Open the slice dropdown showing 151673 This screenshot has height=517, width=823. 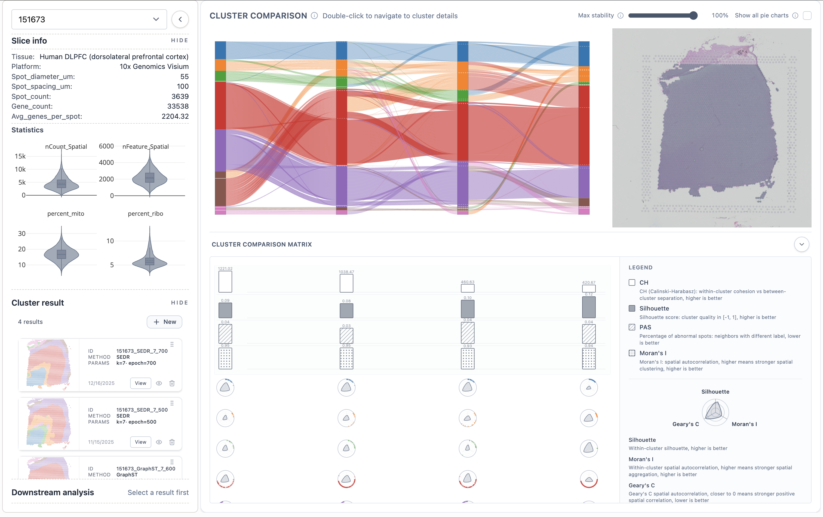coord(89,20)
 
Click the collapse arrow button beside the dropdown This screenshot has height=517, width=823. coord(180,20)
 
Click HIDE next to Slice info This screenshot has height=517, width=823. coord(179,40)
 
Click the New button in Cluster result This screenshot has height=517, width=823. coord(164,322)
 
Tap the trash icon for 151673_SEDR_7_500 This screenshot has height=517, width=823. coord(172,442)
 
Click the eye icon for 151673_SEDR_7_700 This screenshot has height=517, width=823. coord(159,383)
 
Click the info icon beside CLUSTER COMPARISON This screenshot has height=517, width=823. coord(314,16)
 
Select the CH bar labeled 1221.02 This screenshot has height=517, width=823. coord(225,282)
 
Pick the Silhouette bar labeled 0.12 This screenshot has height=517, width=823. coord(589,307)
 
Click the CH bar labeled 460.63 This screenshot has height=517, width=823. coord(467,288)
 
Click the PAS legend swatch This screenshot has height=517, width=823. coord(632,327)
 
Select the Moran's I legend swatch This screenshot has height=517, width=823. coord(632,353)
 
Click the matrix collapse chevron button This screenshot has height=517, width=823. coord(801,245)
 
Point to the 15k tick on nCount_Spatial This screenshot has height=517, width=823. coord(20,156)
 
